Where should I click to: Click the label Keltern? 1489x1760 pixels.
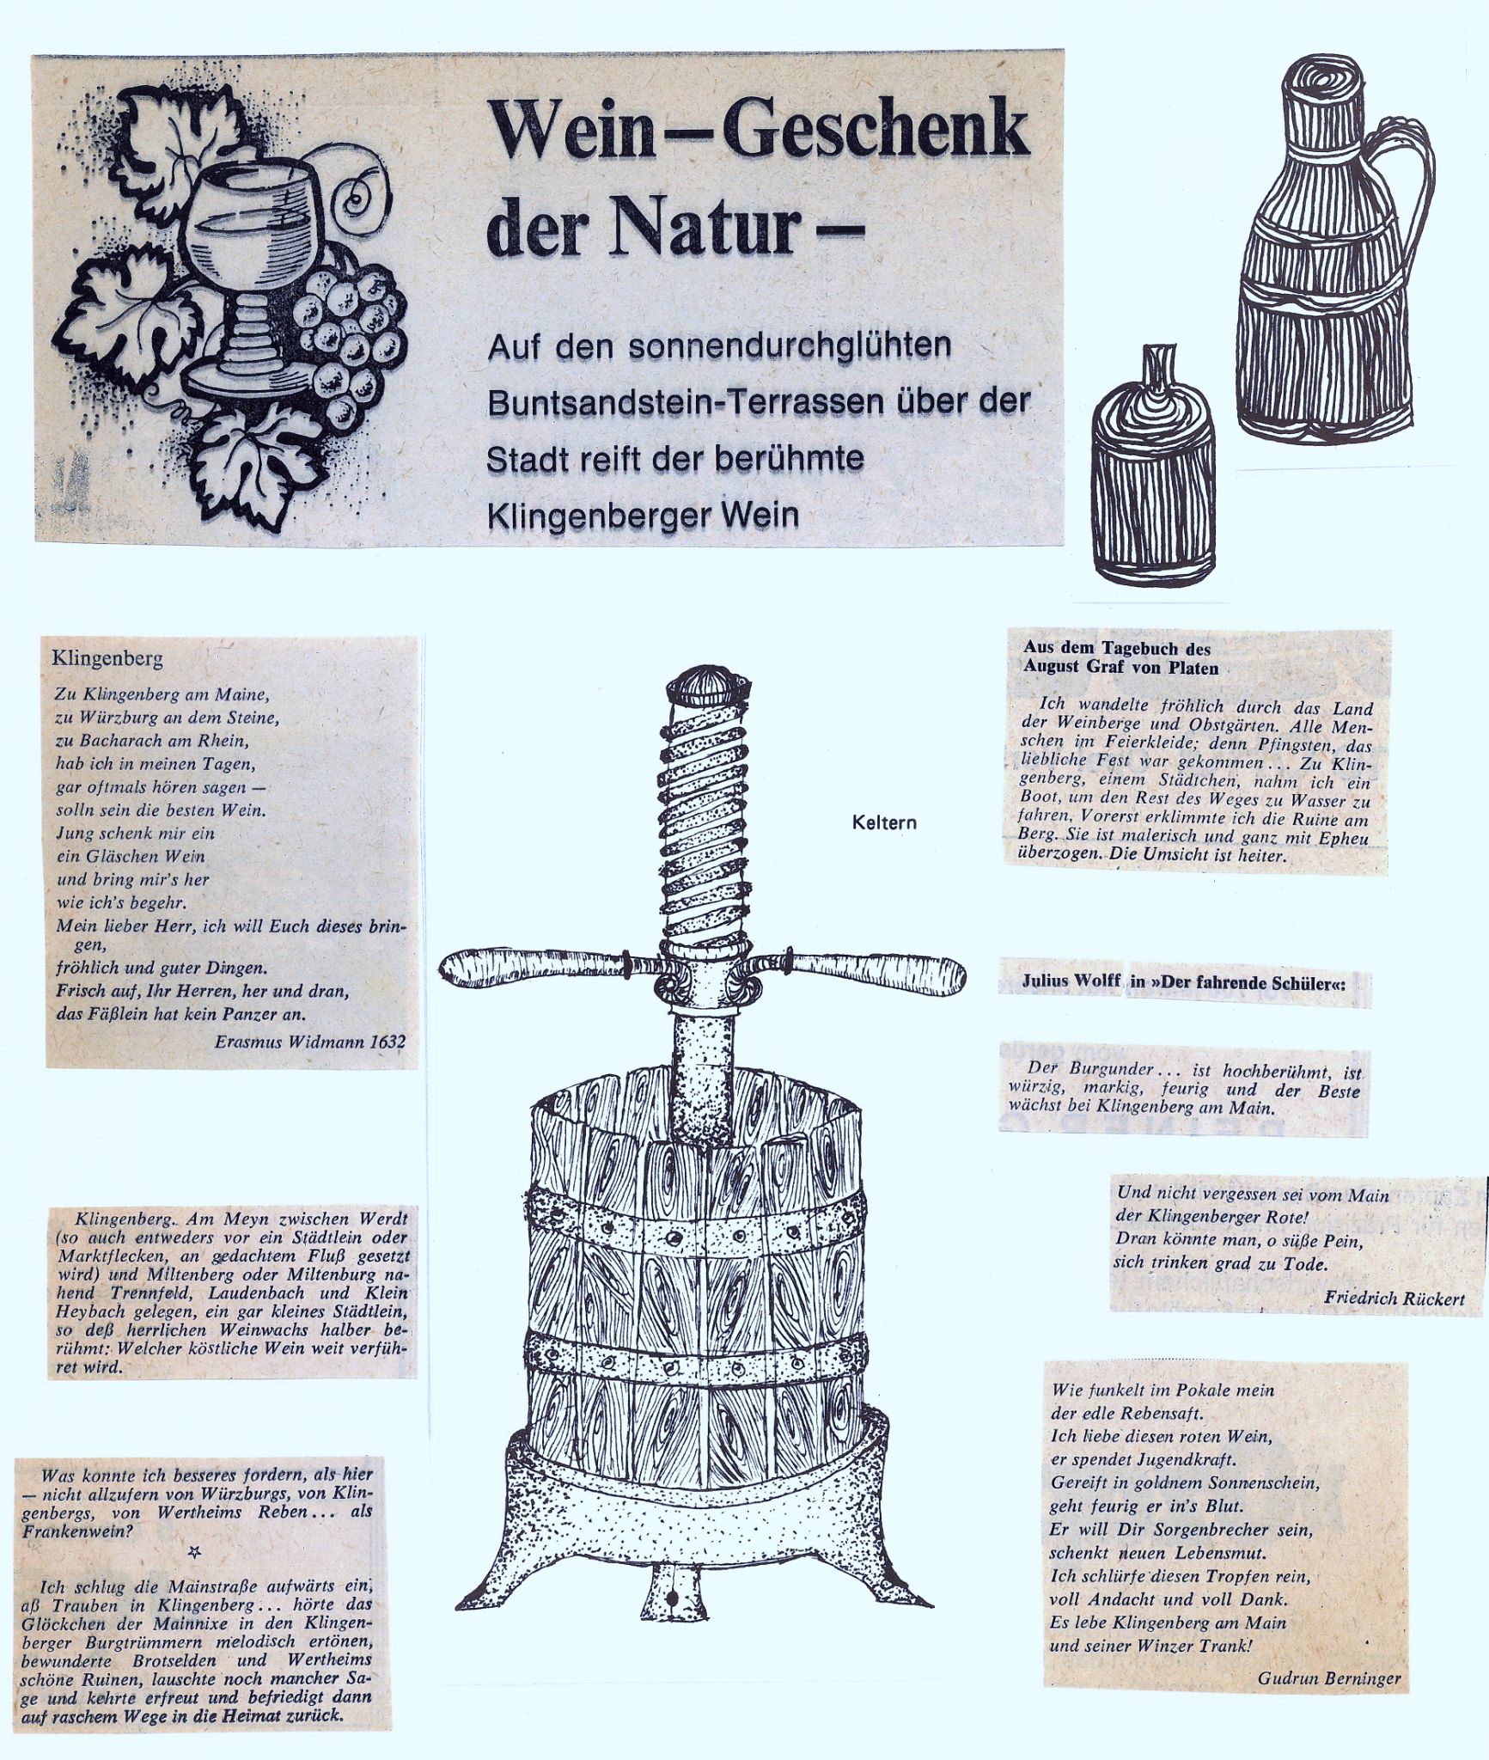point(884,822)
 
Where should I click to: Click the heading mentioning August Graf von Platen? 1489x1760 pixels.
point(1120,658)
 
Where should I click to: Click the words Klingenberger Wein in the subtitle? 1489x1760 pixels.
point(643,515)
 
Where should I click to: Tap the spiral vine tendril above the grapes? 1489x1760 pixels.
point(358,199)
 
